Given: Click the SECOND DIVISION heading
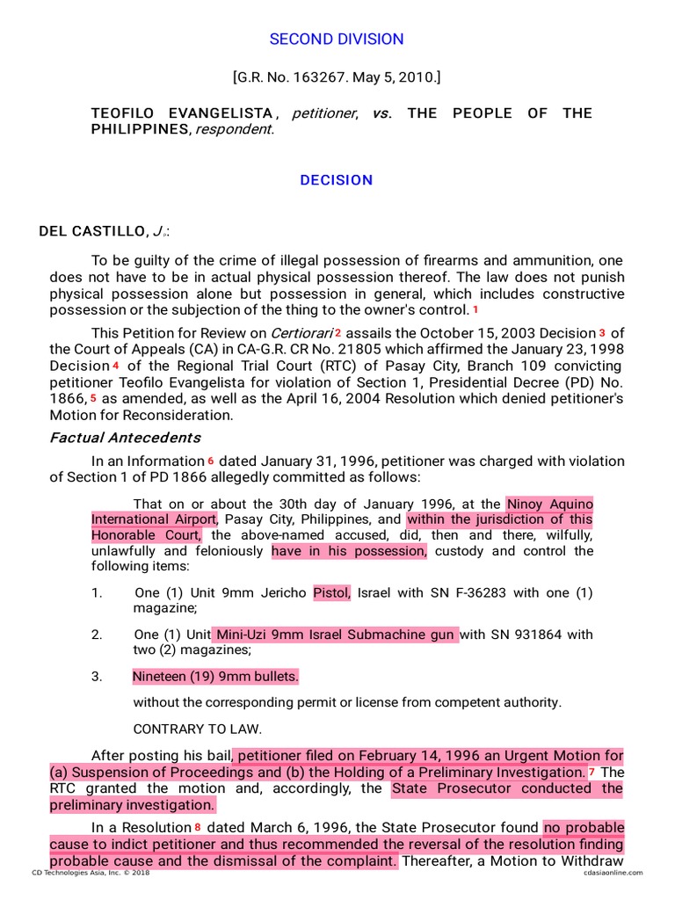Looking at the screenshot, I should pyautogui.click(x=337, y=40).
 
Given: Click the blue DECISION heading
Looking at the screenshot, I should pyautogui.click(x=337, y=180).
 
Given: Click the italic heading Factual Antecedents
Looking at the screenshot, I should pyautogui.click(x=125, y=438).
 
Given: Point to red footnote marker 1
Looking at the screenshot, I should pyautogui.click(x=475, y=309).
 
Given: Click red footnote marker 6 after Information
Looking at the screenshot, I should pyautogui.click(x=211, y=461).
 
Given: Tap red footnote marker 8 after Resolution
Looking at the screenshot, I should pyautogui.click(x=198, y=827).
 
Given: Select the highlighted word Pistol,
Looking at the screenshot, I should pyautogui.click(x=332, y=592).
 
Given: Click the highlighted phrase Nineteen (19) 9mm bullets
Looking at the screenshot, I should pyautogui.click(x=216, y=677).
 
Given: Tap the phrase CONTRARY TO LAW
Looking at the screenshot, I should pyautogui.click(x=198, y=729).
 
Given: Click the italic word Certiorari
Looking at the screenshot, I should pyautogui.click(x=301, y=333).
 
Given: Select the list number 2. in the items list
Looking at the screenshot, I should pyautogui.click(x=97, y=635).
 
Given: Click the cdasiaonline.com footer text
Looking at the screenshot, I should pyautogui.click(x=613, y=873).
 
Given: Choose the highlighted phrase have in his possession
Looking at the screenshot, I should pyautogui.click(x=349, y=551).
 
